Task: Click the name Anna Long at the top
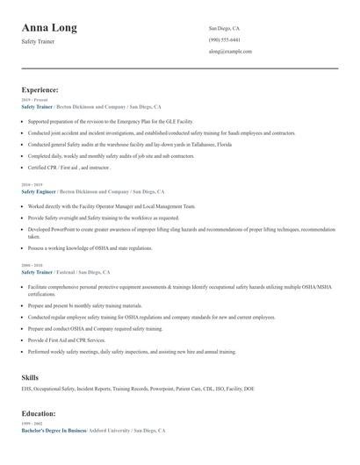tap(49, 28)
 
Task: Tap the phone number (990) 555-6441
tap(224, 39)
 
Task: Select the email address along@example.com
tap(230, 52)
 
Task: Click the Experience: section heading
tap(40, 89)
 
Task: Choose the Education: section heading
tap(39, 413)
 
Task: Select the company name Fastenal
tap(69, 272)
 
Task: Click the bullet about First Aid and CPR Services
tap(67, 340)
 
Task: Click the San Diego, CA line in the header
tap(224, 28)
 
